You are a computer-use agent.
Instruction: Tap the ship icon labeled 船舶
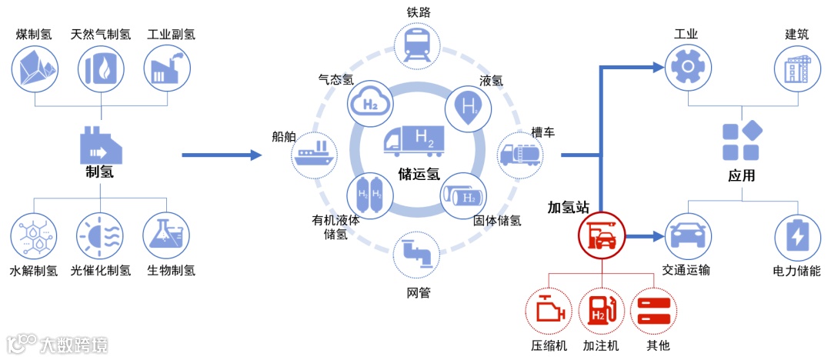313,152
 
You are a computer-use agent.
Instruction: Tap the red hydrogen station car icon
602,235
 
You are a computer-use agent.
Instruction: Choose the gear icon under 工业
685,67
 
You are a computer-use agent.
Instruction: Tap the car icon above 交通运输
685,235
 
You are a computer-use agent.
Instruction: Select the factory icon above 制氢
100,142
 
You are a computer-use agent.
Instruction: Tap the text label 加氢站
568,208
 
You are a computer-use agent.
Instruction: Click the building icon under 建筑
796,67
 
